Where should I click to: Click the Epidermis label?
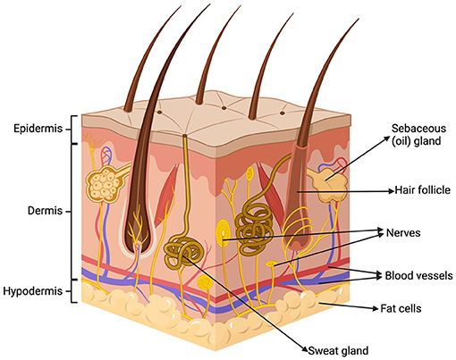pos(36,128)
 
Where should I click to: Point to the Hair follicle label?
pos(419,189)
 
